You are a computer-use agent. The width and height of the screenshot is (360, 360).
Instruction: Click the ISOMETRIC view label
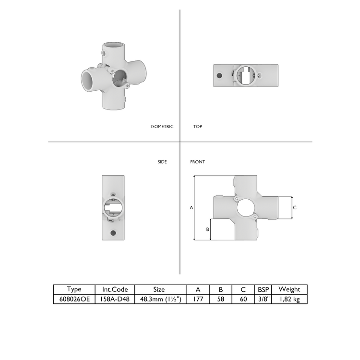162,127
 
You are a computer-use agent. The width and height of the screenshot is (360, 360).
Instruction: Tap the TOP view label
197,127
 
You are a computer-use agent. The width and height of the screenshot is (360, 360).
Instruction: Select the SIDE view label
162,162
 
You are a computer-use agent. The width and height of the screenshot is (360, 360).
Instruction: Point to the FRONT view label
197,162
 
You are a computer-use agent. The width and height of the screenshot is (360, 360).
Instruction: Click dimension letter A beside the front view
191,208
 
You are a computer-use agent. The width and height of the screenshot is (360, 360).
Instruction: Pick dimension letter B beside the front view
207,229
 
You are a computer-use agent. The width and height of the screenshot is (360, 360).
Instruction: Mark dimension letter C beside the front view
295,207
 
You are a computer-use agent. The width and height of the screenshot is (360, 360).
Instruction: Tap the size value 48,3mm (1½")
159,299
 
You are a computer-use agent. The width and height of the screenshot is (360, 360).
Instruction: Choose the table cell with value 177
198,299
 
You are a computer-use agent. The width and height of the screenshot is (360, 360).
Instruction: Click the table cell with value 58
221,299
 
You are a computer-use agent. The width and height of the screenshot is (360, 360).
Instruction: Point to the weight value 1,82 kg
289,299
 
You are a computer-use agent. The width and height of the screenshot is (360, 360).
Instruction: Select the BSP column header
263,289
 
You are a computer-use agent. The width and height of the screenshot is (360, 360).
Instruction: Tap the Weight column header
289,289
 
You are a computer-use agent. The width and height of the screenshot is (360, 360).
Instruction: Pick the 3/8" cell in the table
263,299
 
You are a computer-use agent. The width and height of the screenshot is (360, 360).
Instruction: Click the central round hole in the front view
246,208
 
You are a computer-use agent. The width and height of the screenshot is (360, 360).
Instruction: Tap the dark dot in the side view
113,233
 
